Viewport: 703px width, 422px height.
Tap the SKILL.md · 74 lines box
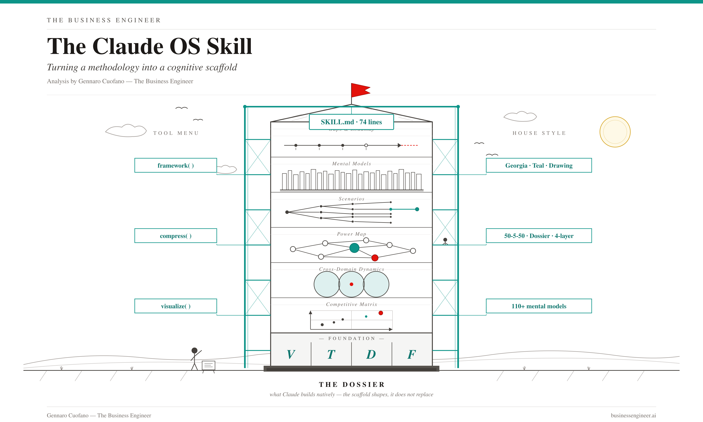click(x=351, y=122)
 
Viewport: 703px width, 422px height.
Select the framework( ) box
click(x=176, y=165)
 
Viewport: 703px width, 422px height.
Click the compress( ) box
click(x=176, y=236)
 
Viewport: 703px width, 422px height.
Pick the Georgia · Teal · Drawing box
click(x=539, y=165)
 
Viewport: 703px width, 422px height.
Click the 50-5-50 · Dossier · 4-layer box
click(x=539, y=236)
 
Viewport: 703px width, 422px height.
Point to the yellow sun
click(x=615, y=132)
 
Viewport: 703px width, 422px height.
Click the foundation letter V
click(x=291, y=354)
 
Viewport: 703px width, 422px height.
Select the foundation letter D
click(x=371, y=354)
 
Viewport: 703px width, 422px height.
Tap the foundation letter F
click(x=412, y=354)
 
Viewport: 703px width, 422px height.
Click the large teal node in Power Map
click(x=354, y=248)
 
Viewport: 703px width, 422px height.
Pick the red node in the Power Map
click(x=375, y=258)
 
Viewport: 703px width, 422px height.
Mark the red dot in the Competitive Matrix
click(x=381, y=313)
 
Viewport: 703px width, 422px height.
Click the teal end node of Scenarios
click(x=417, y=209)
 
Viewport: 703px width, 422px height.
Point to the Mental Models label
click(x=351, y=164)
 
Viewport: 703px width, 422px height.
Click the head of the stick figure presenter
click(x=194, y=350)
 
